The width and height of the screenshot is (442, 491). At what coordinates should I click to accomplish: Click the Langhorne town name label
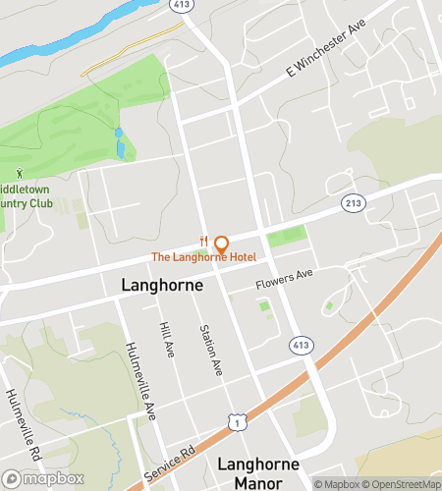pyautogui.click(x=162, y=285)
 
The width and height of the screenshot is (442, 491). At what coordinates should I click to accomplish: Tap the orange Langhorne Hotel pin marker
pyautogui.click(x=221, y=244)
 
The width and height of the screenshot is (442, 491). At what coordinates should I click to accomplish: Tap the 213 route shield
pyautogui.click(x=354, y=203)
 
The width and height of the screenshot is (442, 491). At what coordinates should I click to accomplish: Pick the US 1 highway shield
pyautogui.click(x=236, y=421)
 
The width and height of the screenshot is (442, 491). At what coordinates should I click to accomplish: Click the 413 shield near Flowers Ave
pyautogui.click(x=301, y=346)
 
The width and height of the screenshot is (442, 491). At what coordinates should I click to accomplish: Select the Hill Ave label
pyautogui.click(x=165, y=340)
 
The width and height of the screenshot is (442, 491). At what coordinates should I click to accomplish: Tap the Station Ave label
pyautogui.click(x=210, y=351)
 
